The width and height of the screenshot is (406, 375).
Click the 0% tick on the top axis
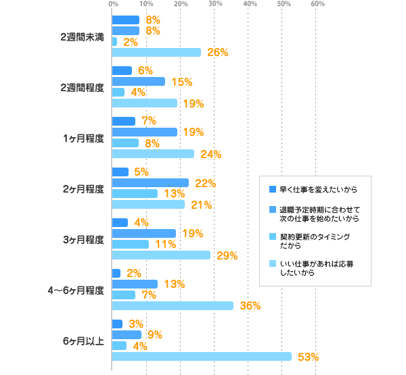[112, 5]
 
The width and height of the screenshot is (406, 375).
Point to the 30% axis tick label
[215, 5]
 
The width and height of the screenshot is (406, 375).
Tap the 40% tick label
[250, 5]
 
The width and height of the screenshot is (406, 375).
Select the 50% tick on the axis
[284, 5]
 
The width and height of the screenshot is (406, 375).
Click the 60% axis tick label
[318, 5]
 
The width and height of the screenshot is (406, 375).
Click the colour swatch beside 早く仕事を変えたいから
[272, 189]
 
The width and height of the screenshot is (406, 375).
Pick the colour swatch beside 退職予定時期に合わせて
[272, 209]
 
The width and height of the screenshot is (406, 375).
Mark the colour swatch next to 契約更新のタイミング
[272, 237]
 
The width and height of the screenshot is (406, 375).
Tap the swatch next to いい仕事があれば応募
[272, 264]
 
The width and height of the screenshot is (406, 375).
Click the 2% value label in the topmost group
[131, 42]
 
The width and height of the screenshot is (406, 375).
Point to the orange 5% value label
[141, 172]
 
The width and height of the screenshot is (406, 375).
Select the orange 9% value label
[154, 334]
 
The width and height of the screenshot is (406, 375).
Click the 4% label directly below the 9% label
[140, 347]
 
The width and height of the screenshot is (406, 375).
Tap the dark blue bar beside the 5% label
[120, 172]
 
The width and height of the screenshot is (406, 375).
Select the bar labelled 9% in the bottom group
[127, 334]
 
